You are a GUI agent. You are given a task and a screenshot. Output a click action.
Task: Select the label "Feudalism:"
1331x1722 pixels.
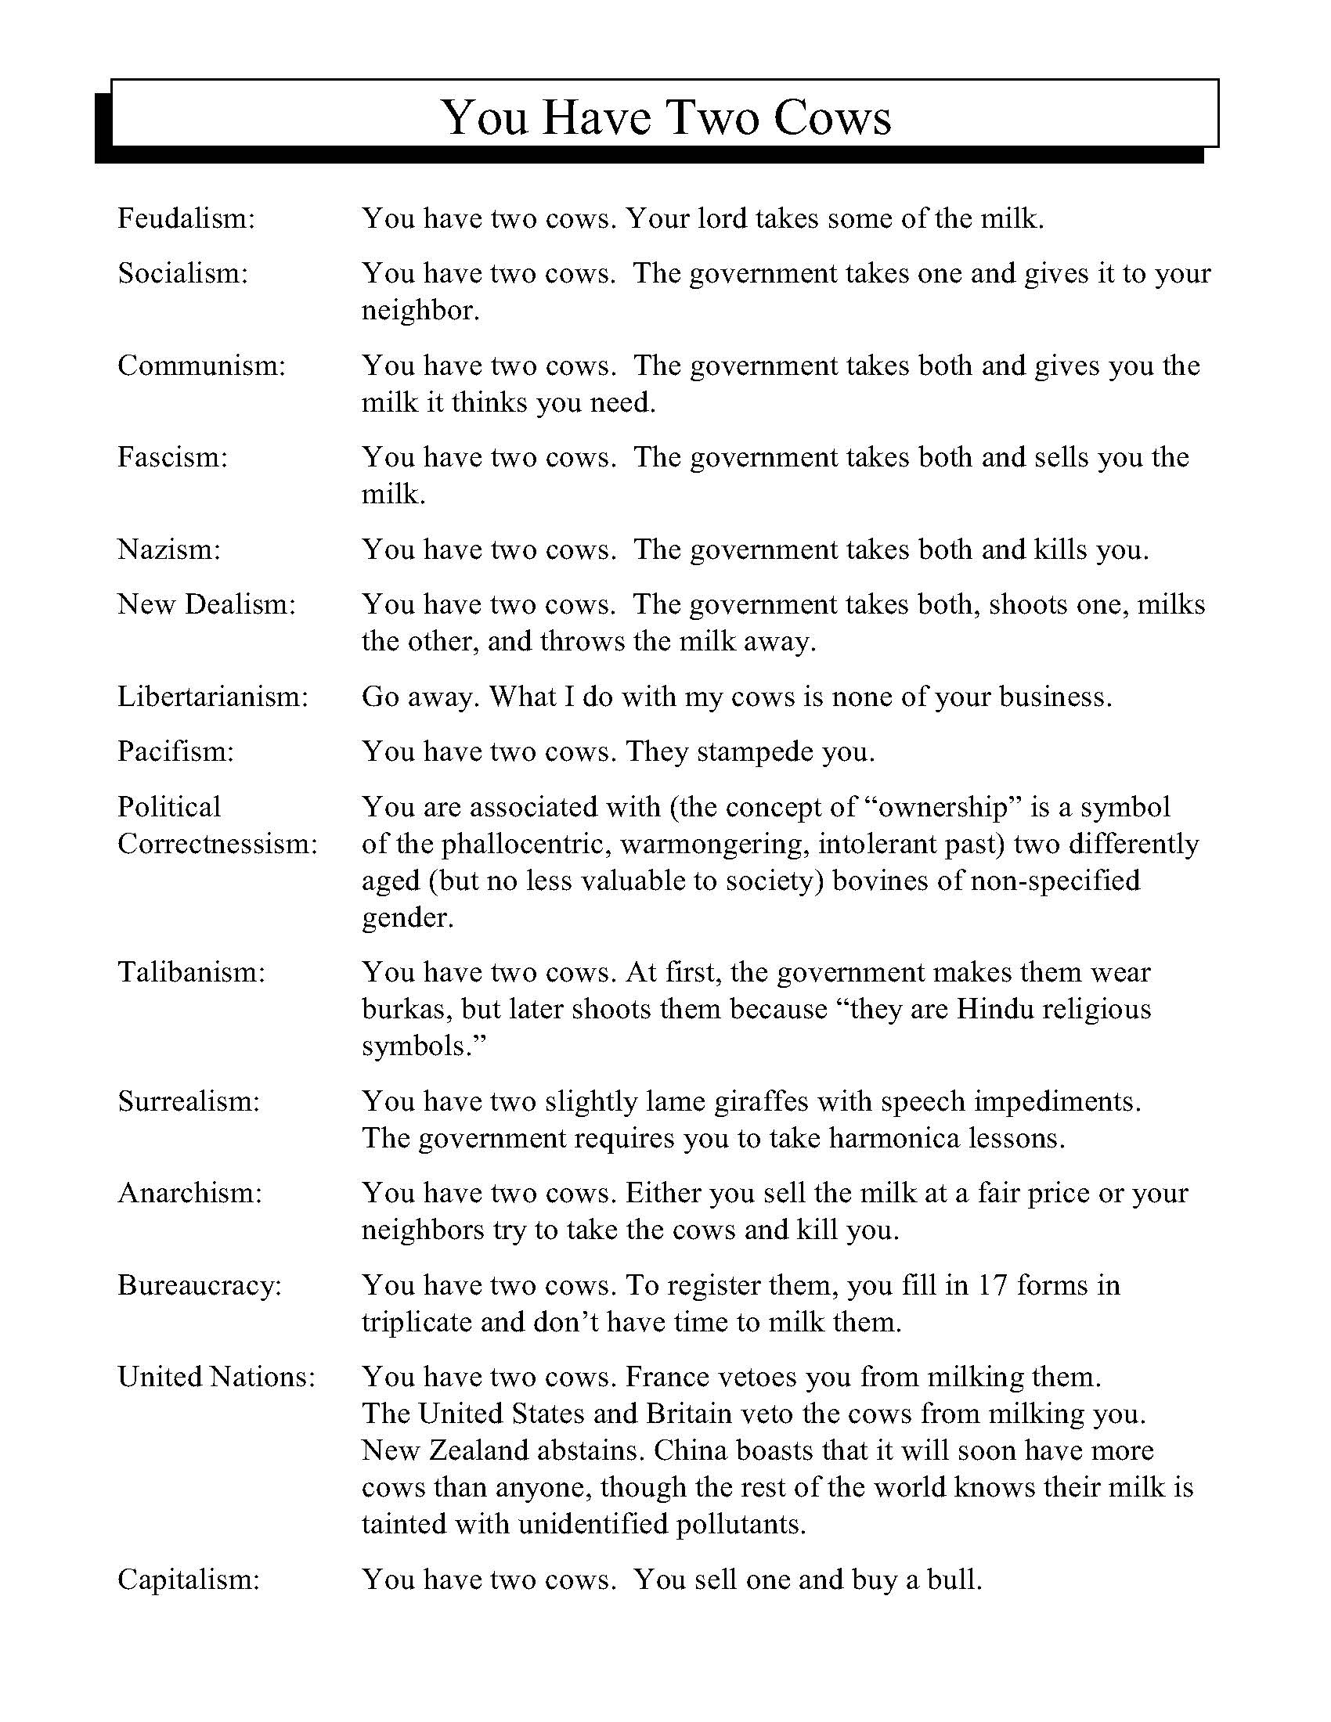(187, 218)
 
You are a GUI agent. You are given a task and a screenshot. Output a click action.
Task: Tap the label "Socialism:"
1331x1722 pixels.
(183, 273)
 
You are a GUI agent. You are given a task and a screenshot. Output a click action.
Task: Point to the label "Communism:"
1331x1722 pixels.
(201, 365)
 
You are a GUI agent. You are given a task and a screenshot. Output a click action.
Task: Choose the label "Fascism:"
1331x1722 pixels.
(173, 457)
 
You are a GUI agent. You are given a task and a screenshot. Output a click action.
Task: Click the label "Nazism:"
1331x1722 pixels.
(170, 549)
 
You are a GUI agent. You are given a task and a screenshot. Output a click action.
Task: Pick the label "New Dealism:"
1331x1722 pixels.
(207, 604)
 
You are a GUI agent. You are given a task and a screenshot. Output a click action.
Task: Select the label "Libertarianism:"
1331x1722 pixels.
(213, 696)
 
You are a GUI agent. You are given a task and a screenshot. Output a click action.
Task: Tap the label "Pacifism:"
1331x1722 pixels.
(176, 751)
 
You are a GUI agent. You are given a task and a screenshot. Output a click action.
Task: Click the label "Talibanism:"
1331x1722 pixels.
(192, 972)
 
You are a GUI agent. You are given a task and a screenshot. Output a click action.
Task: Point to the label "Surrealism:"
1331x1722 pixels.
(189, 1101)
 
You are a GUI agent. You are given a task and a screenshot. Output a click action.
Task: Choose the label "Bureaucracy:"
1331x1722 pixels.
(200, 1285)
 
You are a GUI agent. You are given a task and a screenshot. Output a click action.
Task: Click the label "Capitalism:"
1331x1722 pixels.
(189, 1580)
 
